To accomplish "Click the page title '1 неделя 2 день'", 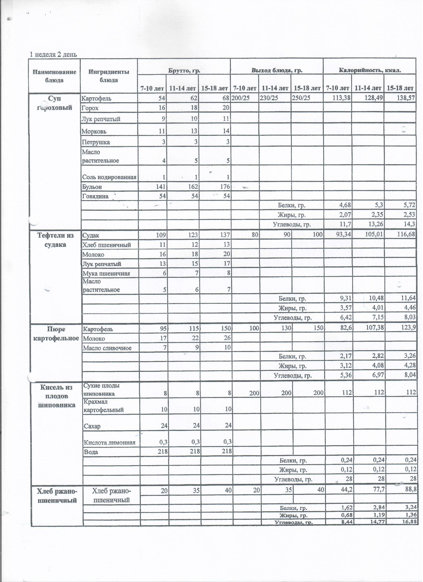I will pyautogui.click(x=53, y=55).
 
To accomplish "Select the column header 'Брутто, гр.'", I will pyautogui.click(x=184, y=70).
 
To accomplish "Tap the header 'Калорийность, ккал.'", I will pyautogui.click(x=370, y=70).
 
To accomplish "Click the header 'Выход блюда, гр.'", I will pyautogui.click(x=277, y=70).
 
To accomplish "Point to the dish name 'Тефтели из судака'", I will pyautogui.click(x=55, y=240).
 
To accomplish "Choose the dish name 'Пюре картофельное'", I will pyautogui.click(x=56, y=334).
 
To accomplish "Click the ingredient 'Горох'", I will pyautogui.click(x=90, y=108).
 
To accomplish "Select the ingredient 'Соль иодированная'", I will pyautogui.click(x=109, y=177).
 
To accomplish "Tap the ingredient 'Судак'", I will pyautogui.click(x=91, y=235).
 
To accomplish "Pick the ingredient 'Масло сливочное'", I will pyautogui.click(x=107, y=348).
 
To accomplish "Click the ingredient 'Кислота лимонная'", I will pyautogui.click(x=110, y=442).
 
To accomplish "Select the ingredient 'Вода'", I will pyautogui.click(x=91, y=452).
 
